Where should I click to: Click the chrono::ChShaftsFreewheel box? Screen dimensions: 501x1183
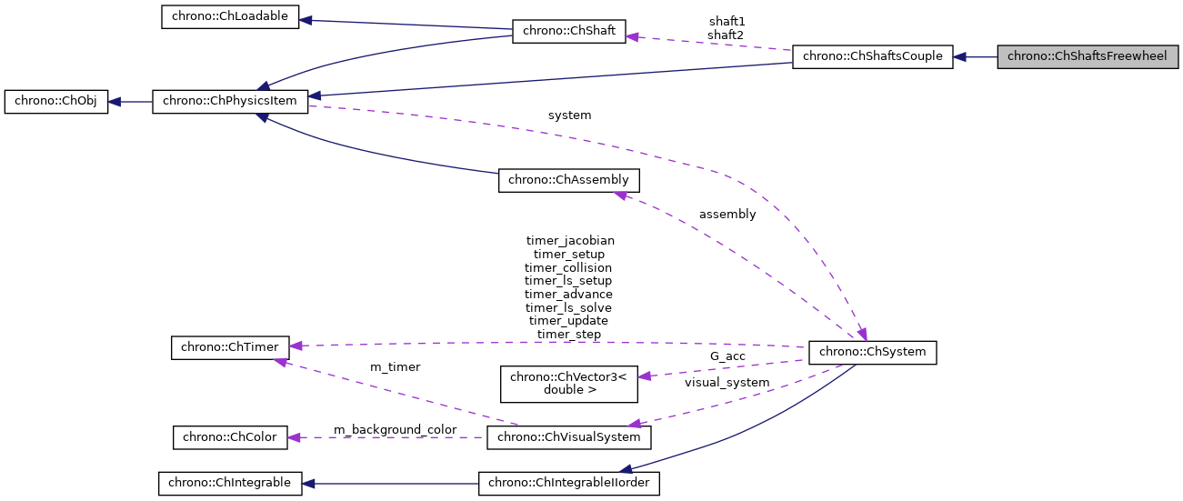(x=1088, y=56)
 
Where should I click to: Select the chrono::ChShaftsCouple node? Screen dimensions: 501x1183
(x=873, y=56)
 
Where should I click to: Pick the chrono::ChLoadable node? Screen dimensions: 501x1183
(x=230, y=18)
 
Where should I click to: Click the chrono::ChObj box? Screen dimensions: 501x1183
(x=56, y=102)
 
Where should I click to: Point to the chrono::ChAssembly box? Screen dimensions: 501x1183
(x=568, y=180)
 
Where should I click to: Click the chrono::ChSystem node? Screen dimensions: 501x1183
(x=873, y=352)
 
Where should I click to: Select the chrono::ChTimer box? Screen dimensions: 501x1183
(x=230, y=346)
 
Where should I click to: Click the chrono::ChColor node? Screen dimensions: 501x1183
(x=230, y=437)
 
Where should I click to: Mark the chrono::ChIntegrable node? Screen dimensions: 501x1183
(x=230, y=483)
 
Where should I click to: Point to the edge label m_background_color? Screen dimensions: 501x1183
(x=395, y=429)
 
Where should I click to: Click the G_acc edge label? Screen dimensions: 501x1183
(x=727, y=356)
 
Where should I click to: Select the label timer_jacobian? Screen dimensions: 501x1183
(x=570, y=241)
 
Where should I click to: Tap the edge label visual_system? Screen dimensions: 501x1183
(x=727, y=383)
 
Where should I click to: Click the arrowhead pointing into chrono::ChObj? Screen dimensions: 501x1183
(x=115, y=102)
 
